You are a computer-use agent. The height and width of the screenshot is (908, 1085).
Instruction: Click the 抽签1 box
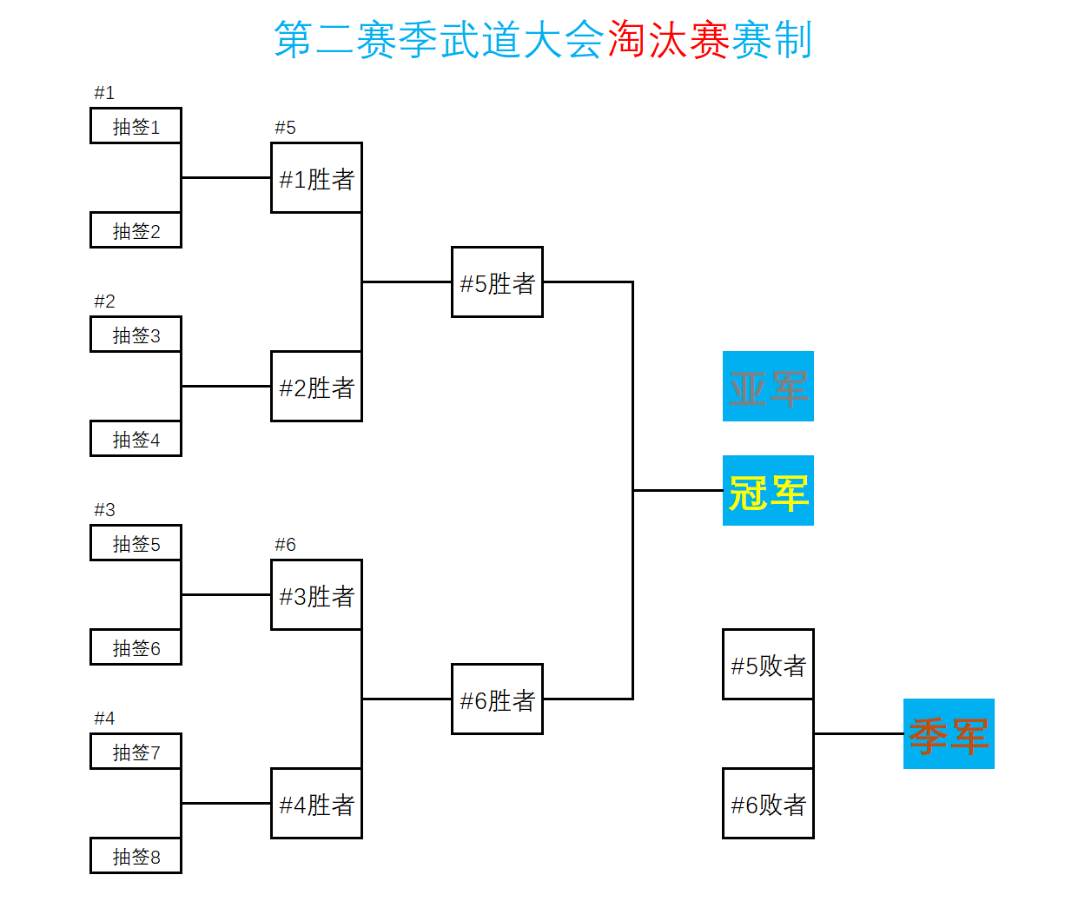(136, 126)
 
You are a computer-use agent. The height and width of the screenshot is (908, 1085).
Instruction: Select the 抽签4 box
(136, 439)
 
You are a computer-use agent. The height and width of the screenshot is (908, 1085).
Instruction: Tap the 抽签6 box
(136, 647)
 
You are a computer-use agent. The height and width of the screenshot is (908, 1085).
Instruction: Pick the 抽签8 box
(136, 856)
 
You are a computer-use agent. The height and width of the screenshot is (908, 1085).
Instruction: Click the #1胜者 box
(316, 178)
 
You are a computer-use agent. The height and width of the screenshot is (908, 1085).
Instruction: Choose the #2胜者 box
(316, 387)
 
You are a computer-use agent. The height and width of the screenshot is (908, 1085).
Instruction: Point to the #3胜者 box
(316, 595)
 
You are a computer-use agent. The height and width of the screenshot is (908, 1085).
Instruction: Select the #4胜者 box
(316, 804)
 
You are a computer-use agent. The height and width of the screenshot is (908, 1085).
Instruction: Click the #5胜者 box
(497, 282)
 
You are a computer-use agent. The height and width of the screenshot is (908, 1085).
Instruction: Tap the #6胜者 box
(497, 699)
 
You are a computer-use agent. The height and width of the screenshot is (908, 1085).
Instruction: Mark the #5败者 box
(768, 665)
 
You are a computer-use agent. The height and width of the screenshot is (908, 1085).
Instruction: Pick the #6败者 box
(768, 804)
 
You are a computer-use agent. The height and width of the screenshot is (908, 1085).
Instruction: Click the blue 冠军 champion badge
(768, 491)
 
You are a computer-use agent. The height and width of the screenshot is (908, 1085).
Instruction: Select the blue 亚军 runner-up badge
(768, 387)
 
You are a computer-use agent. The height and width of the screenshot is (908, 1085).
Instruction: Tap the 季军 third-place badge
(949, 734)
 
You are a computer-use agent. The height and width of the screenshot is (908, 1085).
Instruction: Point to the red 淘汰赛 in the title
(668, 40)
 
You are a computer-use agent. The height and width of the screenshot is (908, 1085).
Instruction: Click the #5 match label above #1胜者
(285, 128)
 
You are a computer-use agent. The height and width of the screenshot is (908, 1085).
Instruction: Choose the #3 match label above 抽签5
(104, 510)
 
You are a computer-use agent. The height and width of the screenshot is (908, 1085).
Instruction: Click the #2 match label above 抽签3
(104, 302)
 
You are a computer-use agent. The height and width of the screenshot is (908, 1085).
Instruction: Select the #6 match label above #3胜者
(285, 545)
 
